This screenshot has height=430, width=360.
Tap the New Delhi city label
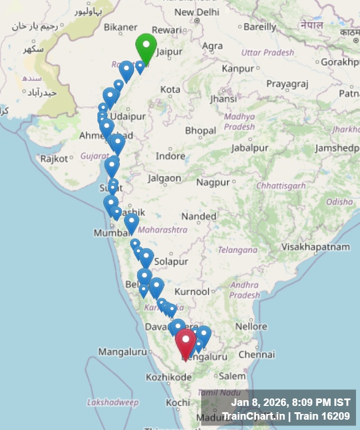[197, 11]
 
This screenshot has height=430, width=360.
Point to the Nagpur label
[213, 182]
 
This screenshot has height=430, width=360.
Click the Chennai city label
[256, 355]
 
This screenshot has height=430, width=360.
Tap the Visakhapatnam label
[315, 247]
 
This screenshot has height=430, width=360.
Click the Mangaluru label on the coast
[123, 351]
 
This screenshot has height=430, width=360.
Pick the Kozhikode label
[169, 377]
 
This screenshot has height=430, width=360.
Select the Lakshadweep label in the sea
[113, 403]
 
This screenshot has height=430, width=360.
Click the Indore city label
[170, 156]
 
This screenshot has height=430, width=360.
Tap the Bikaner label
[120, 27]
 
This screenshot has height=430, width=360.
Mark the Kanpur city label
[237, 68]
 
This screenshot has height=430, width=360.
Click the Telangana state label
[237, 250]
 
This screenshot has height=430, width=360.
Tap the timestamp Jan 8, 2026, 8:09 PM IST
[290, 402]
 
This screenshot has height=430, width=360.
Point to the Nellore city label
[251, 326]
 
